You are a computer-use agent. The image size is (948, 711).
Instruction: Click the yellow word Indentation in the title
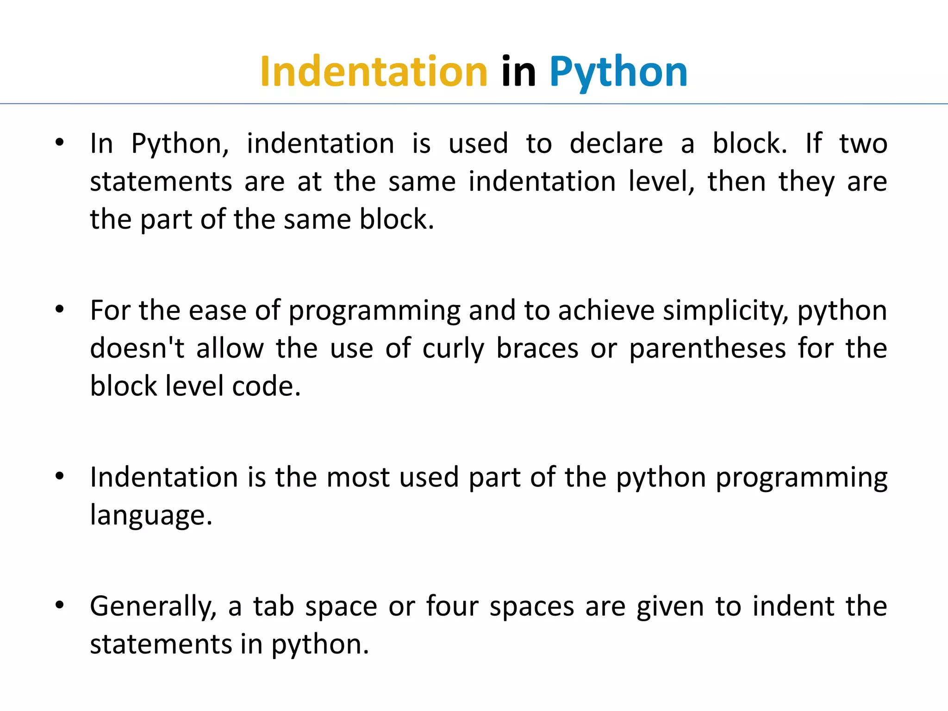(374, 72)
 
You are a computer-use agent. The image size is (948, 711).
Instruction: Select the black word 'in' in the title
(518, 72)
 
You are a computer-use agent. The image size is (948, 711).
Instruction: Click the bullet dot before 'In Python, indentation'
(59, 143)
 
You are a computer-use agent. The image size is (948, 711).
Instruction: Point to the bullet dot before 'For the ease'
(59, 310)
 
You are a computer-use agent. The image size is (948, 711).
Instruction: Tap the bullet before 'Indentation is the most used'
(59, 476)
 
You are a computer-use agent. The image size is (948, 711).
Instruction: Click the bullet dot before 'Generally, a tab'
(59, 605)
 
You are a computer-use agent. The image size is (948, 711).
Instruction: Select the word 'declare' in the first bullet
(616, 143)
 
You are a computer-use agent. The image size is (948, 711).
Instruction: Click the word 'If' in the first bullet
(813, 143)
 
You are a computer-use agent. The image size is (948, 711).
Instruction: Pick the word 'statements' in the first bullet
(161, 181)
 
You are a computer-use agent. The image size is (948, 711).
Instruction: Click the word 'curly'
(453, 349)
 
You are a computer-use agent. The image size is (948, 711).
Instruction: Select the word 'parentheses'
(707, 348)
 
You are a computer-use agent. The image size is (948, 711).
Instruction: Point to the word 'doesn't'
(137, 348)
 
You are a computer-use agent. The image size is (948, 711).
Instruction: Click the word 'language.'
(151, 516)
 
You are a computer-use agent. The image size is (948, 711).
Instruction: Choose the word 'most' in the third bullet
(358, 477)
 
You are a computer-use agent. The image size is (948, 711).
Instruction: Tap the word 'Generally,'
(153, 607)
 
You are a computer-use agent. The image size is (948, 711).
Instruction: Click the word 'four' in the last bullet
(452, 606)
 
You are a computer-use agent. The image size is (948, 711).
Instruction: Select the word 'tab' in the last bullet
(274, 606)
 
